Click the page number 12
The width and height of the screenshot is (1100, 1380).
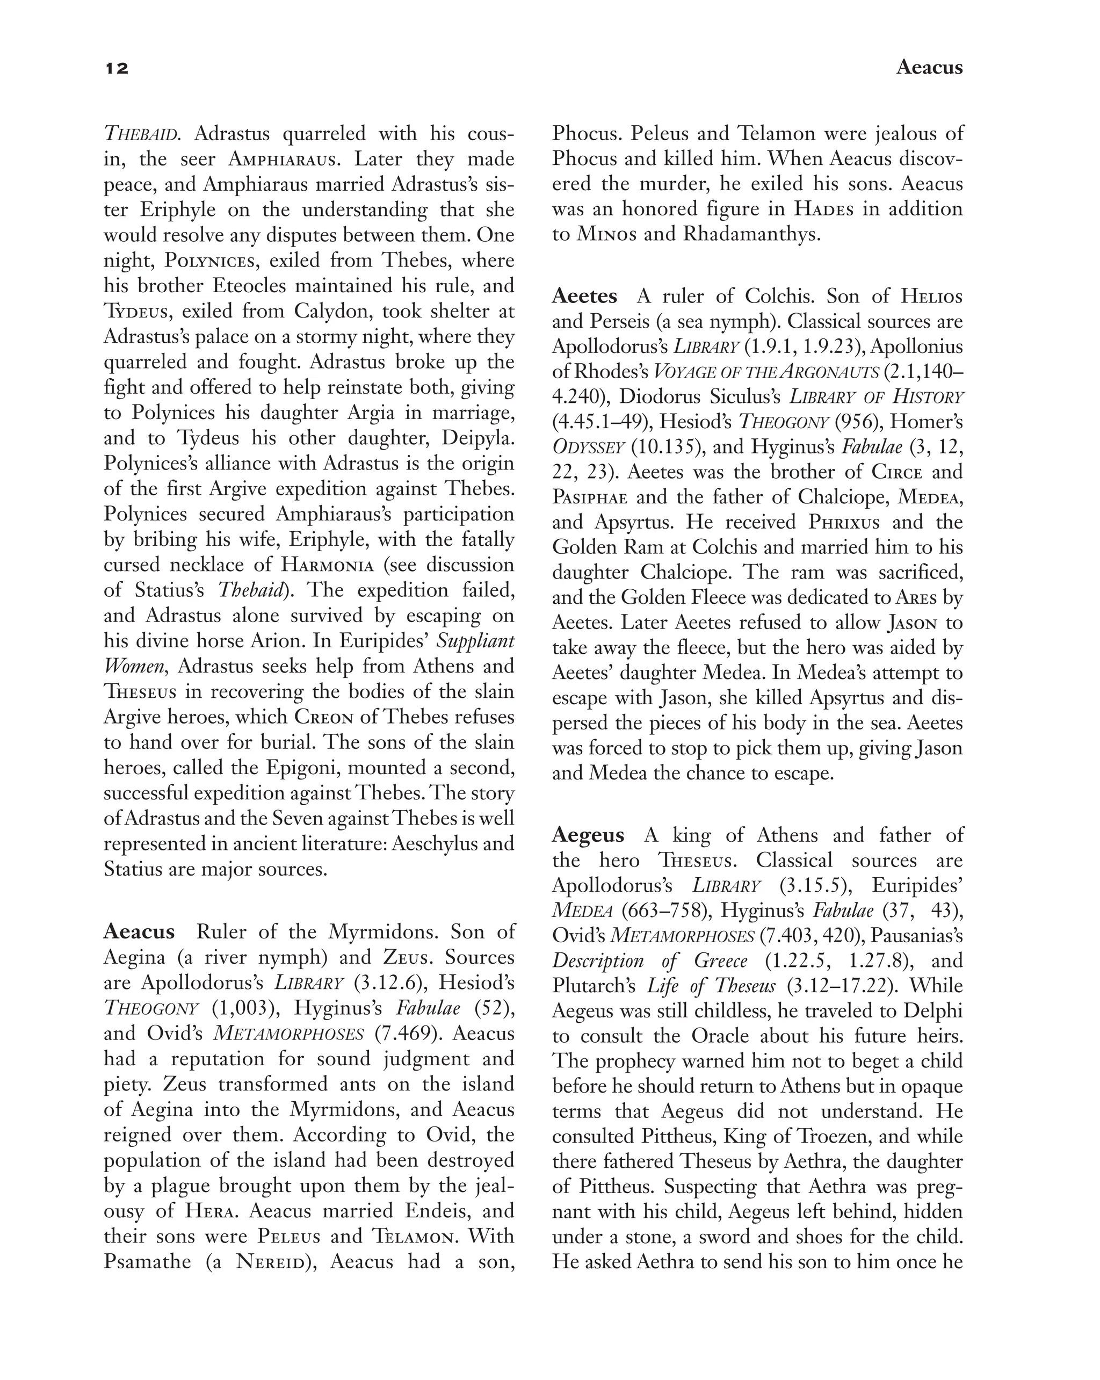117,68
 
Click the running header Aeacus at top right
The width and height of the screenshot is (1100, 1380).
929,67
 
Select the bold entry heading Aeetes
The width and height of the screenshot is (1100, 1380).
584,297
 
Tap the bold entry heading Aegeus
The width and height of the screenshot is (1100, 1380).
588,835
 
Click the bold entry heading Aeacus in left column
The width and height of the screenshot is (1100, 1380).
139,931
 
